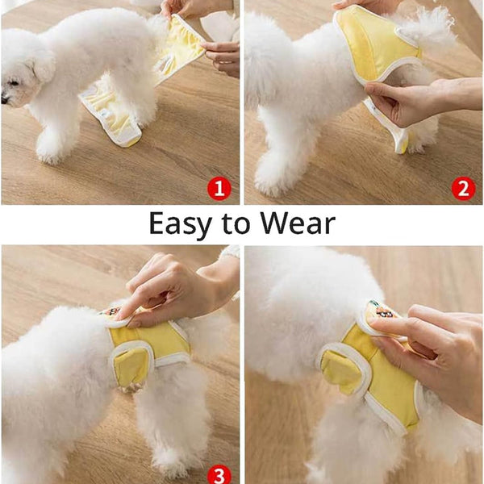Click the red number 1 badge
pos(219,189)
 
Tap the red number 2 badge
pos(463,189)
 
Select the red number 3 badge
pos(219,474)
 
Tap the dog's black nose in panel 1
pos(5,99)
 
